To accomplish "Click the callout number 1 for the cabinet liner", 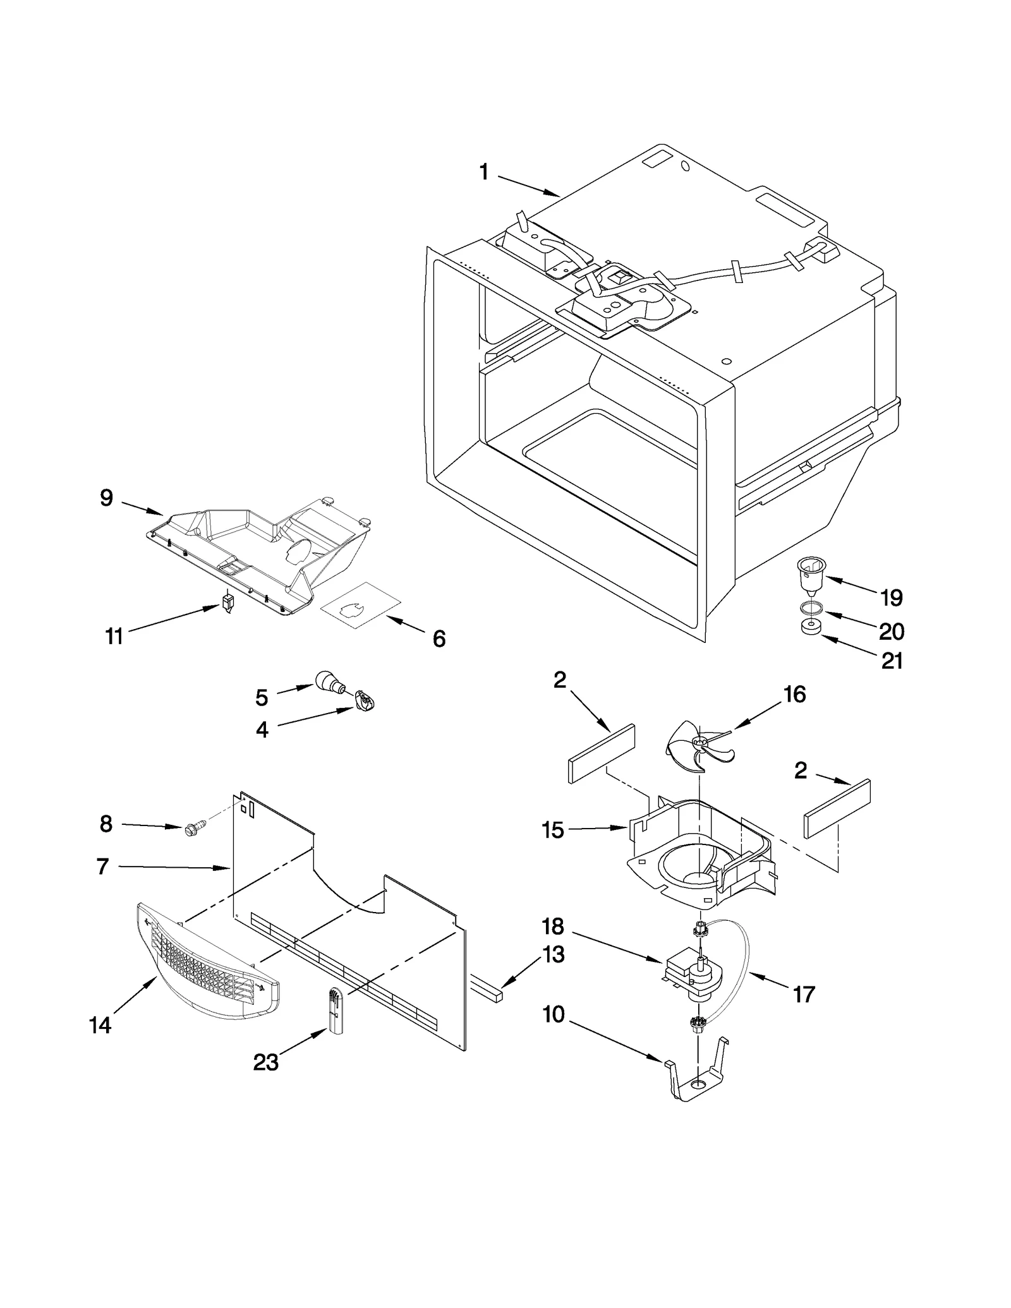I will [x=484, y=172].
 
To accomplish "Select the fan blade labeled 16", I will [x=699, y=747].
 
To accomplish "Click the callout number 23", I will [x=265, y=1062].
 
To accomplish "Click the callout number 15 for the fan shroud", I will [x=552, y=830].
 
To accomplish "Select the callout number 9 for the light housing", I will [x=106, y=498].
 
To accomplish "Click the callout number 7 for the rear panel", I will [x=103, y=867].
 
